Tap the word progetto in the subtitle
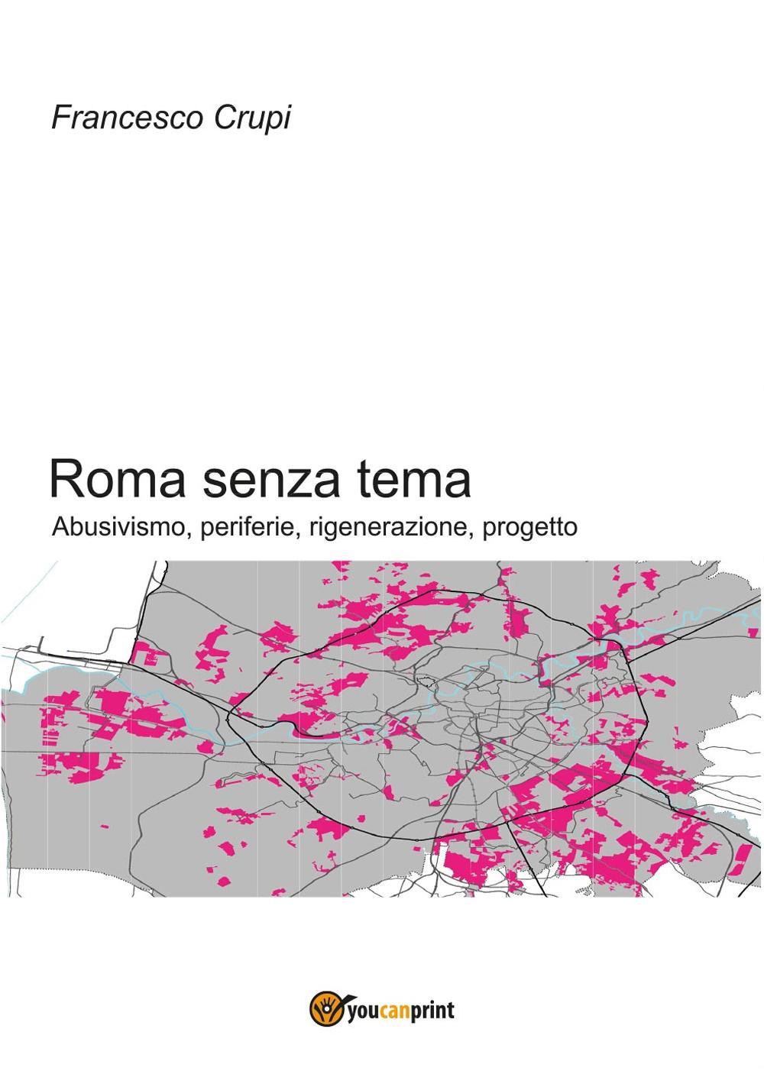530,529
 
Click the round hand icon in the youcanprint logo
321,1011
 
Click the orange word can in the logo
391,1011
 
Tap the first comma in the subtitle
189,534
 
